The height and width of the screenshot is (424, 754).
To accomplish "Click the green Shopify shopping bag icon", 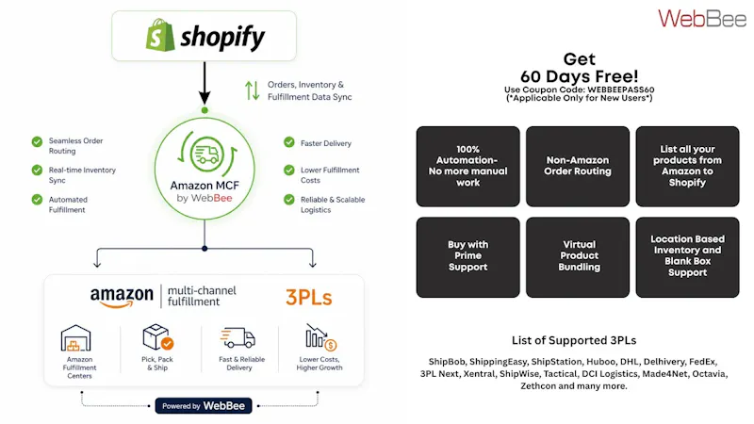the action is point(160,35).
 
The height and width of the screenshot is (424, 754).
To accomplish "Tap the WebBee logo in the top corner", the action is point(702,18).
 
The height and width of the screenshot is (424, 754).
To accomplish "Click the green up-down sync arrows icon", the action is point(252,90).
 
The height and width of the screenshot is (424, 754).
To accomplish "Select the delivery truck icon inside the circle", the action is point(206,155).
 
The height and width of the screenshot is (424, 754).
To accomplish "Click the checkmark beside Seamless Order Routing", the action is point(37,141).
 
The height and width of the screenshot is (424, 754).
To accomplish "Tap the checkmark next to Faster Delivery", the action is point(289,142).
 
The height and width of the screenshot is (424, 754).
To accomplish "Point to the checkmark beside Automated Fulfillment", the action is point(37,200).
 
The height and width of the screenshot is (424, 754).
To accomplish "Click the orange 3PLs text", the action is point(309,298).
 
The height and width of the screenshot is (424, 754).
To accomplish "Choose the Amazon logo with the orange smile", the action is point(122,297).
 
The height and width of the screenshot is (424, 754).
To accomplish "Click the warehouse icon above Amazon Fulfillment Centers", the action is point(75,338).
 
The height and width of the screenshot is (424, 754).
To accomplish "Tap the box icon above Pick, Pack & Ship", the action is point(157,337).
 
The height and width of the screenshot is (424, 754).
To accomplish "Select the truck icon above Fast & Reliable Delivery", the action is point(238,337).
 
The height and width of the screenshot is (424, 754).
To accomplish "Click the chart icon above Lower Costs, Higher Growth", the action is point(320,337).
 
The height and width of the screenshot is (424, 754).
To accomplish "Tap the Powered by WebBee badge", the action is point(204,406).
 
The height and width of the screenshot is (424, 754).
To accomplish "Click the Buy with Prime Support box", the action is point(467,257).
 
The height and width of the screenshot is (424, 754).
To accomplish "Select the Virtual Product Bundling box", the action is point(578,257).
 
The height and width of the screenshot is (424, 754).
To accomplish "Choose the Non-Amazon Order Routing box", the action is point(578,167).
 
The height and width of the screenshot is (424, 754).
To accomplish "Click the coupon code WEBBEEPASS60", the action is point(621,90).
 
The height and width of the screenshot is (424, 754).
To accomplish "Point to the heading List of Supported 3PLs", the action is point(574,340).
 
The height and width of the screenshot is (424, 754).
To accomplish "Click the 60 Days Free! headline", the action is point(580,76).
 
